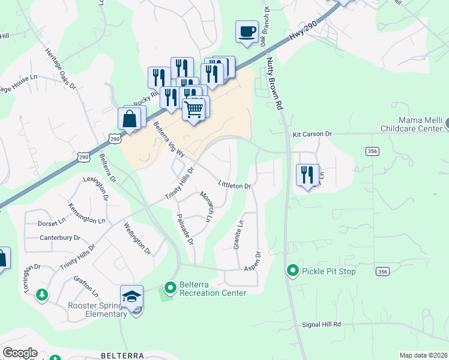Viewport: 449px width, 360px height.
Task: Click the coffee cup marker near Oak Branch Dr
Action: click(247, 32)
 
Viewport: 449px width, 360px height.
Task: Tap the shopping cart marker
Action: click(193, 110)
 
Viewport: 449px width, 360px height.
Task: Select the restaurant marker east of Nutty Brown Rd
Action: click(307, 175)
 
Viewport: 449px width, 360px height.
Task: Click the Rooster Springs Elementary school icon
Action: click(131, 296)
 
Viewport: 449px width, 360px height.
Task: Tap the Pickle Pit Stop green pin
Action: click(293, 271)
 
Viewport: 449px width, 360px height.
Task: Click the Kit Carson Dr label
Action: click(312, 134)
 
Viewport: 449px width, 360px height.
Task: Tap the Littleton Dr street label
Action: click(234, 185)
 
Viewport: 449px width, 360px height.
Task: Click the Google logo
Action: click(20, 353)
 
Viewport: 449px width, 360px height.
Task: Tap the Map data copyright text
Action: click(423, 355)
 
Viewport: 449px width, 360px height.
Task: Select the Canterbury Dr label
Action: click(60, 238)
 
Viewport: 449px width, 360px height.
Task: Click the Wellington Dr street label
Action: click(137, 235)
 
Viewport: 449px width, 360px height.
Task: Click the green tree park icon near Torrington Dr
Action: click(42, 295)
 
